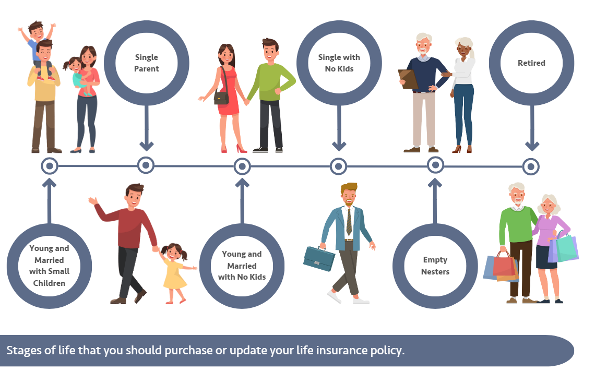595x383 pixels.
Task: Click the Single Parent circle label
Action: point(147,63)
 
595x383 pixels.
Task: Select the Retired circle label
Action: point(531,63)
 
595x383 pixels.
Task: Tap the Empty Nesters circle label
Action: point(435,266)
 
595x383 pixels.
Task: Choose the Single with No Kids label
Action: point(339,63)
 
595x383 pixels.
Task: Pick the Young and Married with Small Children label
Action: point(50,266)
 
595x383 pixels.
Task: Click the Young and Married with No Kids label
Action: point(242,266)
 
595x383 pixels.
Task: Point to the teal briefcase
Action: point(319,258)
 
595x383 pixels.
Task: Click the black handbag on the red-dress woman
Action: point(221,98)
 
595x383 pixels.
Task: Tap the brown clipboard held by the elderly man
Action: point(408,79)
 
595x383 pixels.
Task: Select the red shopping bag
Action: point(504,264)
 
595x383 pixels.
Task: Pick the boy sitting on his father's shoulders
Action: point(38,47)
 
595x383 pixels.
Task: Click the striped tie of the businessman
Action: point(349,222)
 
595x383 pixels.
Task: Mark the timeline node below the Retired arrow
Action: point(531,166)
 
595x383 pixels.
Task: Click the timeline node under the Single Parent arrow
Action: point(146,165)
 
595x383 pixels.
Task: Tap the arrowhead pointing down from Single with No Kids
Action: point(339,146)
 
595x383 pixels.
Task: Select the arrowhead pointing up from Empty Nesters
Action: point(435,183)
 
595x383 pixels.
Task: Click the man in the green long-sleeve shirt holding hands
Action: point(271,95)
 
